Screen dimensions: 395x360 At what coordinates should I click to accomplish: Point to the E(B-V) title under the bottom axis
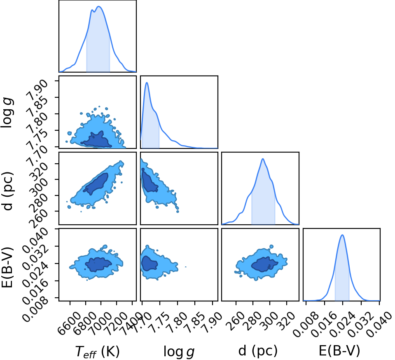(x=339, y=351)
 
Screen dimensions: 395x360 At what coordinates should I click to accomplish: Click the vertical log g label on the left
(x=7, y=113)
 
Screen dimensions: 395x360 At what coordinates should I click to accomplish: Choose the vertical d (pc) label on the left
(x=7, y=191)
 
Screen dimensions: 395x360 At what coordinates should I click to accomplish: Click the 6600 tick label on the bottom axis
(x=69, y=320)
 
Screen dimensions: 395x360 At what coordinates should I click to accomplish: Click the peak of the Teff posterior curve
(x=99, y=7)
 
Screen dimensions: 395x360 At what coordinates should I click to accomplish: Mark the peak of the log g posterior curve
(x=147, y=82)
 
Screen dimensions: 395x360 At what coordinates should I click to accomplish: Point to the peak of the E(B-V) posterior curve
(x=342, y=235)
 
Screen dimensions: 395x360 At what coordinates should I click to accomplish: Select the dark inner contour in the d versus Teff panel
(x=96, y=184)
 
